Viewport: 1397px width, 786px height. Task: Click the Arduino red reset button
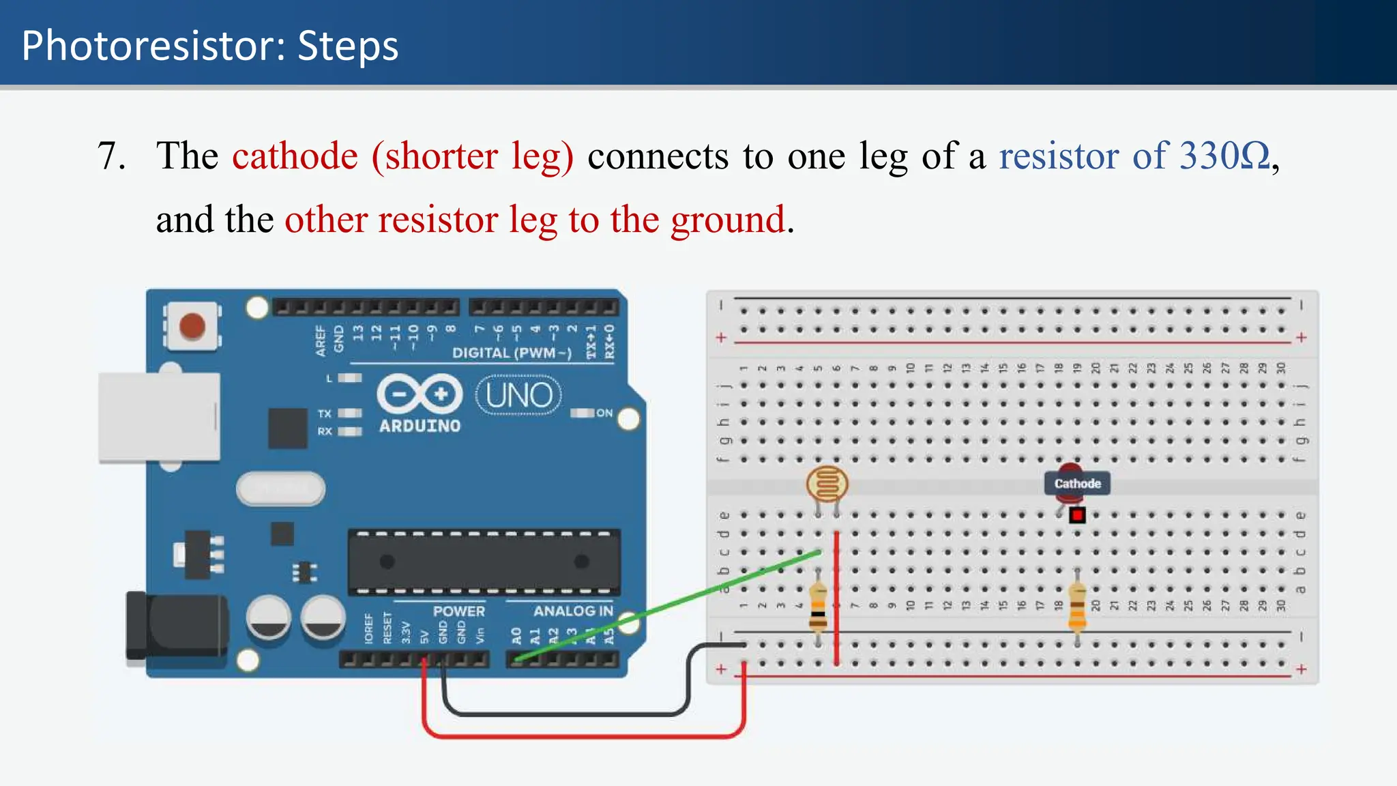[192, 326]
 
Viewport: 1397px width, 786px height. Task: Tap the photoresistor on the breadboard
[827, 484]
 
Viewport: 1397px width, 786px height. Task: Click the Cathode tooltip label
[1077, 484]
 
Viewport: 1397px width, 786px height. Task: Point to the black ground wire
[566, 714]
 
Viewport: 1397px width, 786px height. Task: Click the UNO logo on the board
[518, 395]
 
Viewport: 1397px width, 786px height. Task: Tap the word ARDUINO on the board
[420, 426]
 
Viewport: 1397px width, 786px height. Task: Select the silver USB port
[160, 417]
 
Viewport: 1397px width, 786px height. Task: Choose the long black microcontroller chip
[484, 562]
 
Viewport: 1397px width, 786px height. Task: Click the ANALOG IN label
[573, 611]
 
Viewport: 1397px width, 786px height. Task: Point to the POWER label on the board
[458, 611]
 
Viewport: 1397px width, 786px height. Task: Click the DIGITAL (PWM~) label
[512, 353]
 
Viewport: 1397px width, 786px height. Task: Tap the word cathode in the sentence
[295, 156]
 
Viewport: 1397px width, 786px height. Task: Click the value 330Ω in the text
[1224, 156]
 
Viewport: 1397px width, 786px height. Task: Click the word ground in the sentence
[728, 220]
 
